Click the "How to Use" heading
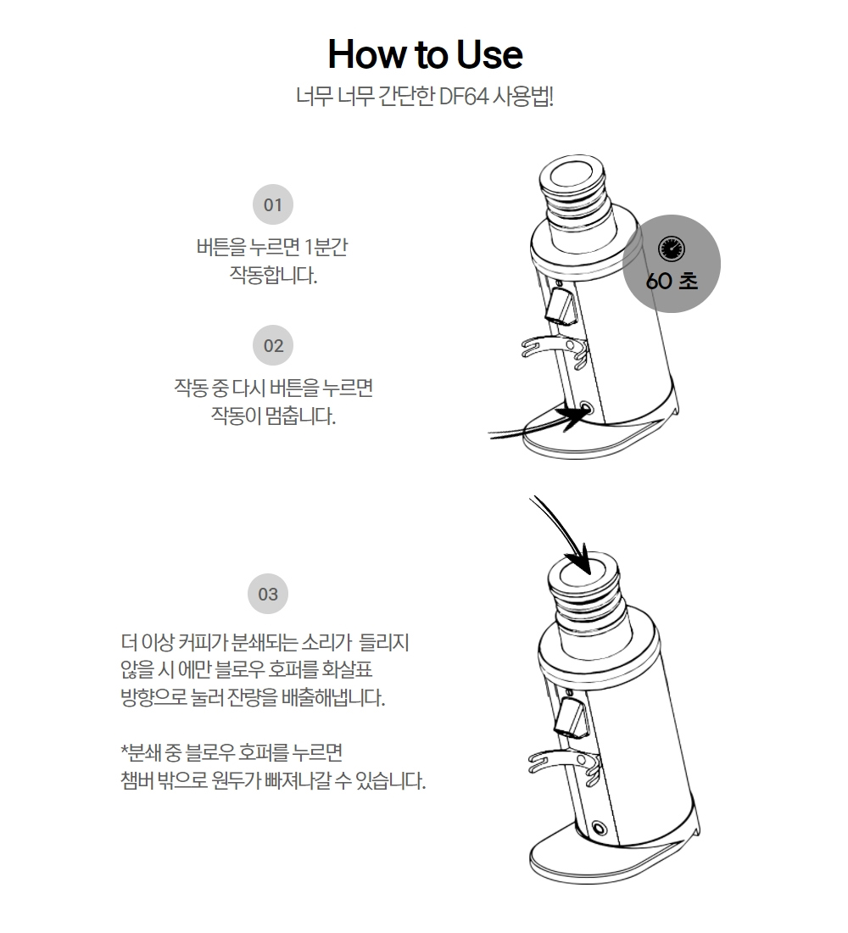(425, 54)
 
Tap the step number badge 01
(272, 204)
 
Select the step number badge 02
(273, 346)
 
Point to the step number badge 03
(268, 594)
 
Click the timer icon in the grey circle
(672, 249)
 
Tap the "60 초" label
(672, 281)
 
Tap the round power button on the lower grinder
(600, 828)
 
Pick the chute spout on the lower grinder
(572, 717)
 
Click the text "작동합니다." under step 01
(273, 276)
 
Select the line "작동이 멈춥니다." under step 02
(273, 416)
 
